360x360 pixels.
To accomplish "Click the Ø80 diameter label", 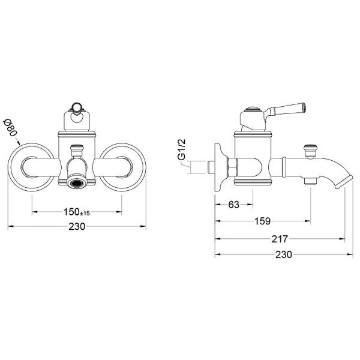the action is [11, 127].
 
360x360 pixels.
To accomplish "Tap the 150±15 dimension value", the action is [77, 212].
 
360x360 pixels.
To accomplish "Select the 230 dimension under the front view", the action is [77, 227].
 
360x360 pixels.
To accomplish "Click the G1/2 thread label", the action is [181, 149].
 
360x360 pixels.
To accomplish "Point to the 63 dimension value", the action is [234, 205].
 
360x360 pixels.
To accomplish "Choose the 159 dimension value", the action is [262, 221].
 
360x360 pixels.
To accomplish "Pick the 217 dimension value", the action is [280, 239].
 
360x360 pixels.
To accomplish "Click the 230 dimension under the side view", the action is [284, 254].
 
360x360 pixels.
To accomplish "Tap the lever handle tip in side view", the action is [303, 107].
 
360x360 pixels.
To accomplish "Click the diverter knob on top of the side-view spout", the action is [310, 151].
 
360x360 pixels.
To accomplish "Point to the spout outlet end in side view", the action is [344, 182].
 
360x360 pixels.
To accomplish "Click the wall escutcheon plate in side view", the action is [220, 167].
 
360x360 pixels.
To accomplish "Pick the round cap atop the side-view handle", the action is [253, 110].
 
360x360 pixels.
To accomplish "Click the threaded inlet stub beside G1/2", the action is [210, 167].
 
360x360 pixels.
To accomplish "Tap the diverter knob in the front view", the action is [76, 150].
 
